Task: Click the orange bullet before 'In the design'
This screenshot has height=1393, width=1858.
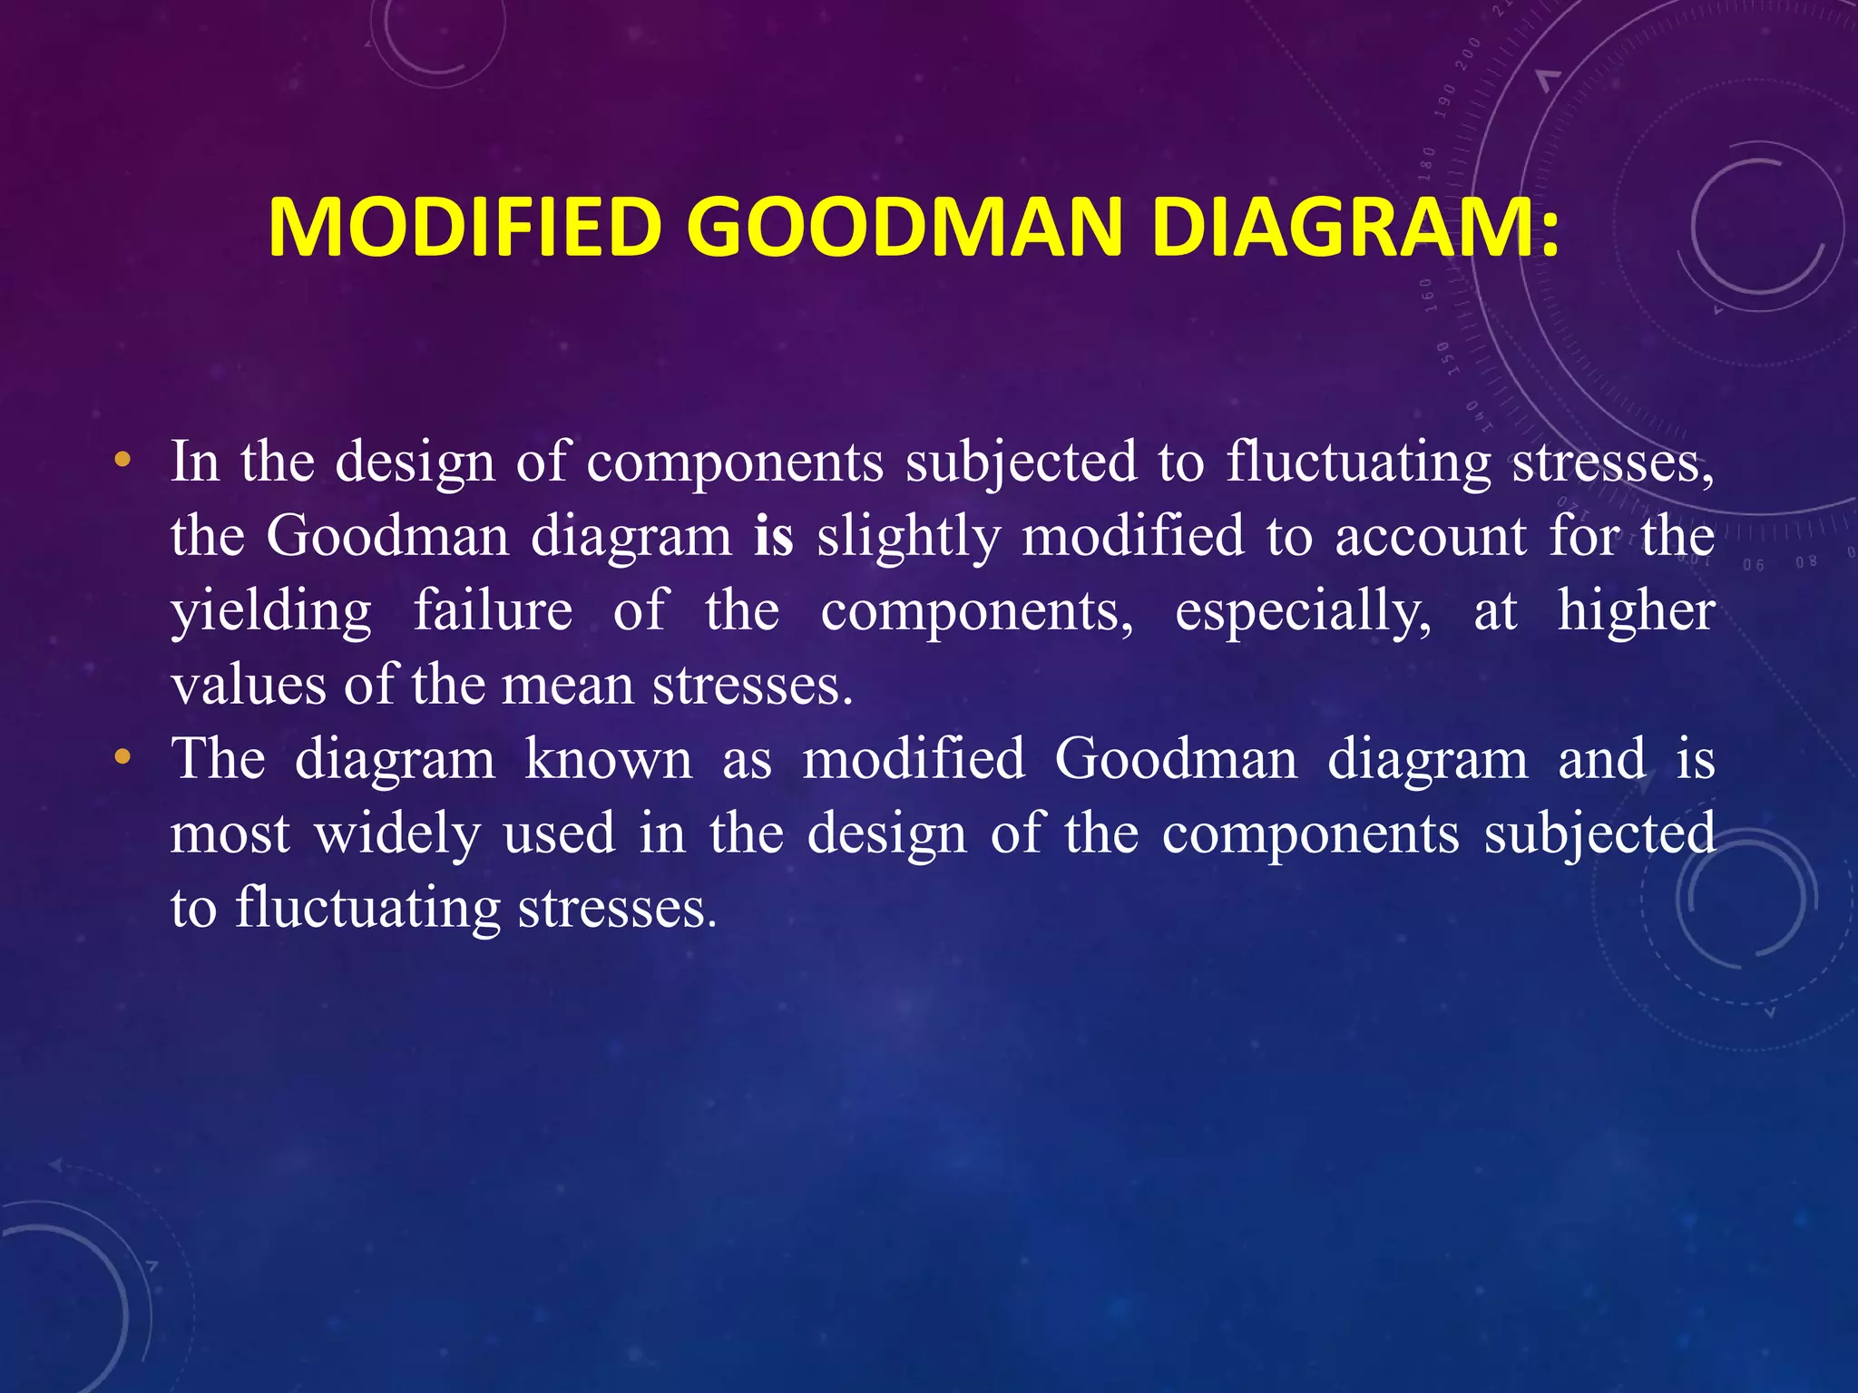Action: (122, 462)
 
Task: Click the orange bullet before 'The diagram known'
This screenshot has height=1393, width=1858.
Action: (122, 757)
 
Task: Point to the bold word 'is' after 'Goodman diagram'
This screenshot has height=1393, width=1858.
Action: (773, 535)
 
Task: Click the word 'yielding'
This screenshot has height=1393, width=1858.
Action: (271, 611)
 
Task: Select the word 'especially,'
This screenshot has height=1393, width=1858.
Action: (1303, 611)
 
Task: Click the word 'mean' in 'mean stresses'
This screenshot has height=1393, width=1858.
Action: (567, 685)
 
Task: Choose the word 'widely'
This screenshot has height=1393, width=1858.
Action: (397, 833)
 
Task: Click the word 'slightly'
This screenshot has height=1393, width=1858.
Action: (908, 537)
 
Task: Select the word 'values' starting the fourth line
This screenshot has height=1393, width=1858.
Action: (248, 685)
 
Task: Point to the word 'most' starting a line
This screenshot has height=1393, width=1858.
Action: (230, 833)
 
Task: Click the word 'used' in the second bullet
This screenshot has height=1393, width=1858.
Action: (559, 833)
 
